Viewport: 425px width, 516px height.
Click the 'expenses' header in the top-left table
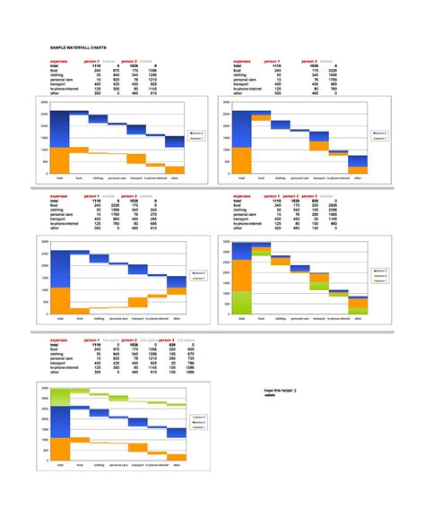(60, 61)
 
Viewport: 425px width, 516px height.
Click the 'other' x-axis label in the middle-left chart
(177, 318)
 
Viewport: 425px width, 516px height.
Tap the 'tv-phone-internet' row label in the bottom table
(66, 366)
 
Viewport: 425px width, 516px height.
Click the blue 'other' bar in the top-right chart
(358, 161)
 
